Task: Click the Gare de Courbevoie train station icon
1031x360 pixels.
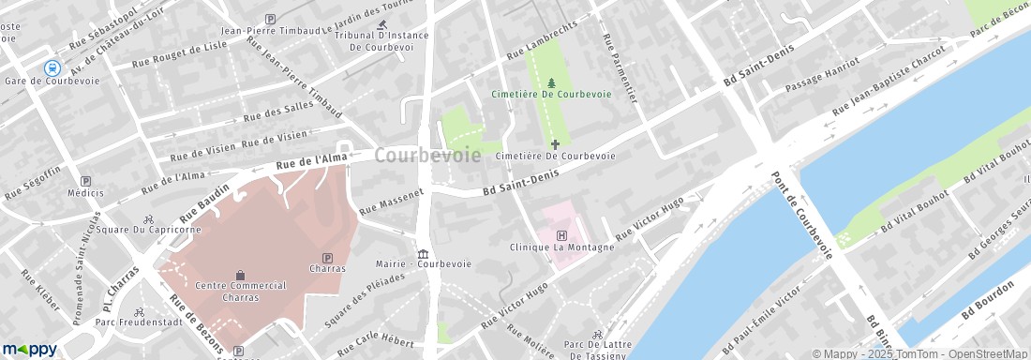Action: click(52, 67)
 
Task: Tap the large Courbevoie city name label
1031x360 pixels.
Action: click(428, 156)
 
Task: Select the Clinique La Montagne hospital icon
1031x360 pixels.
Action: click(561, 235)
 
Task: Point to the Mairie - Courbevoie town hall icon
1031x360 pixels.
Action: click(424, 254)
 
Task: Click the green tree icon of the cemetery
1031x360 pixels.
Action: click(549, 82)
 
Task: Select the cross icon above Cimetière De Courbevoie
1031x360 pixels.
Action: click(555, 143)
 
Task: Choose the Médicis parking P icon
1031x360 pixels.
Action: click(86, 181)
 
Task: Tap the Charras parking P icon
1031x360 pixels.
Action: click(326, 258)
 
